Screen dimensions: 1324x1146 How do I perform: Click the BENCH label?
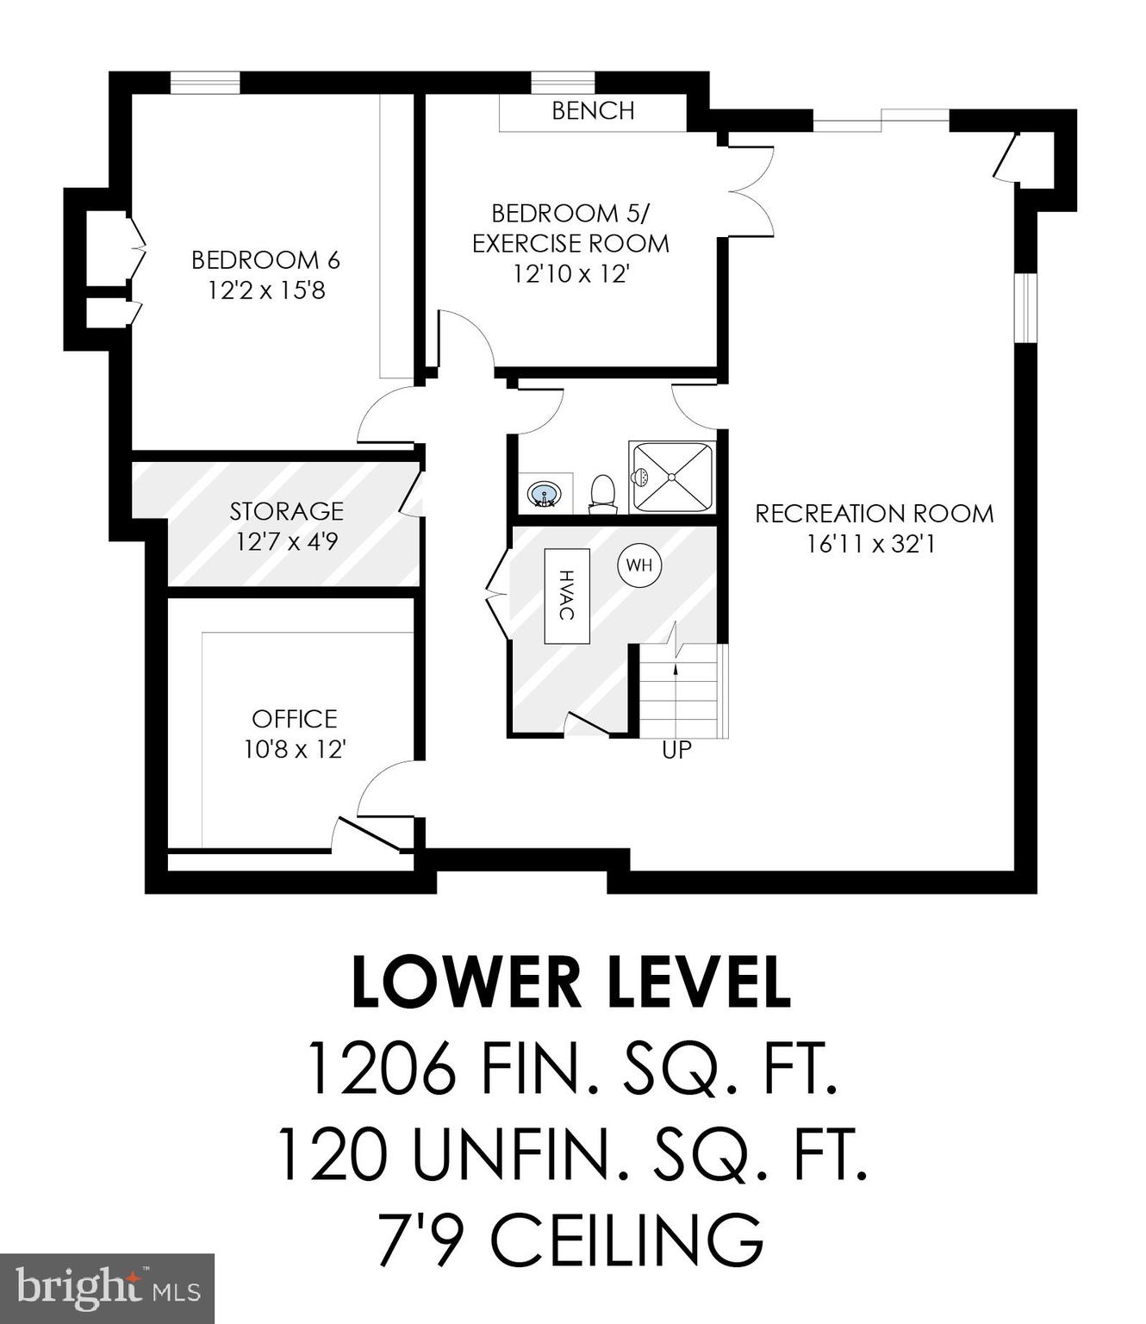click(x=593, y=111)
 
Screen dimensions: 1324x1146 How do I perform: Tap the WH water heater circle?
click(x=639, y=565)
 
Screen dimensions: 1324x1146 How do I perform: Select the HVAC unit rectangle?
click(x=566, y=595)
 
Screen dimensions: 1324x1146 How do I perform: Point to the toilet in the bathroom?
click(x=602, y=493)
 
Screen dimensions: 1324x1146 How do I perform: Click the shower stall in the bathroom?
click(x=672, y=477)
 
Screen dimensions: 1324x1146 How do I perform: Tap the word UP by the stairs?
click(x=676, y=750)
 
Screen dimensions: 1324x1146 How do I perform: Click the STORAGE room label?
click(x=286, y=511)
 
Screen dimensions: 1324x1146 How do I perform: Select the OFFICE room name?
click(x=295, y=719)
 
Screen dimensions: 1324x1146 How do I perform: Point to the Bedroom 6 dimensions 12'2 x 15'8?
click(x=266, y=290)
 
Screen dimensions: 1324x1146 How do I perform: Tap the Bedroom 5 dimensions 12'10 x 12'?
click(x=571, y=274)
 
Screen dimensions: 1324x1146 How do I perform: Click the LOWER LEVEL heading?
click(x=571, y=983)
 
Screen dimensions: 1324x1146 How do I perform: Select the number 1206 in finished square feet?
click(x=380, y=1067)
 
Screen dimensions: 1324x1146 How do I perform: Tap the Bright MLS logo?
click(x=107, y=1289)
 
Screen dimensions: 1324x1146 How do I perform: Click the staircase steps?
click(x=681, y=690)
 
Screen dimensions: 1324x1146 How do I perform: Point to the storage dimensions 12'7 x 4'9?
click(x=286, y=542)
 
